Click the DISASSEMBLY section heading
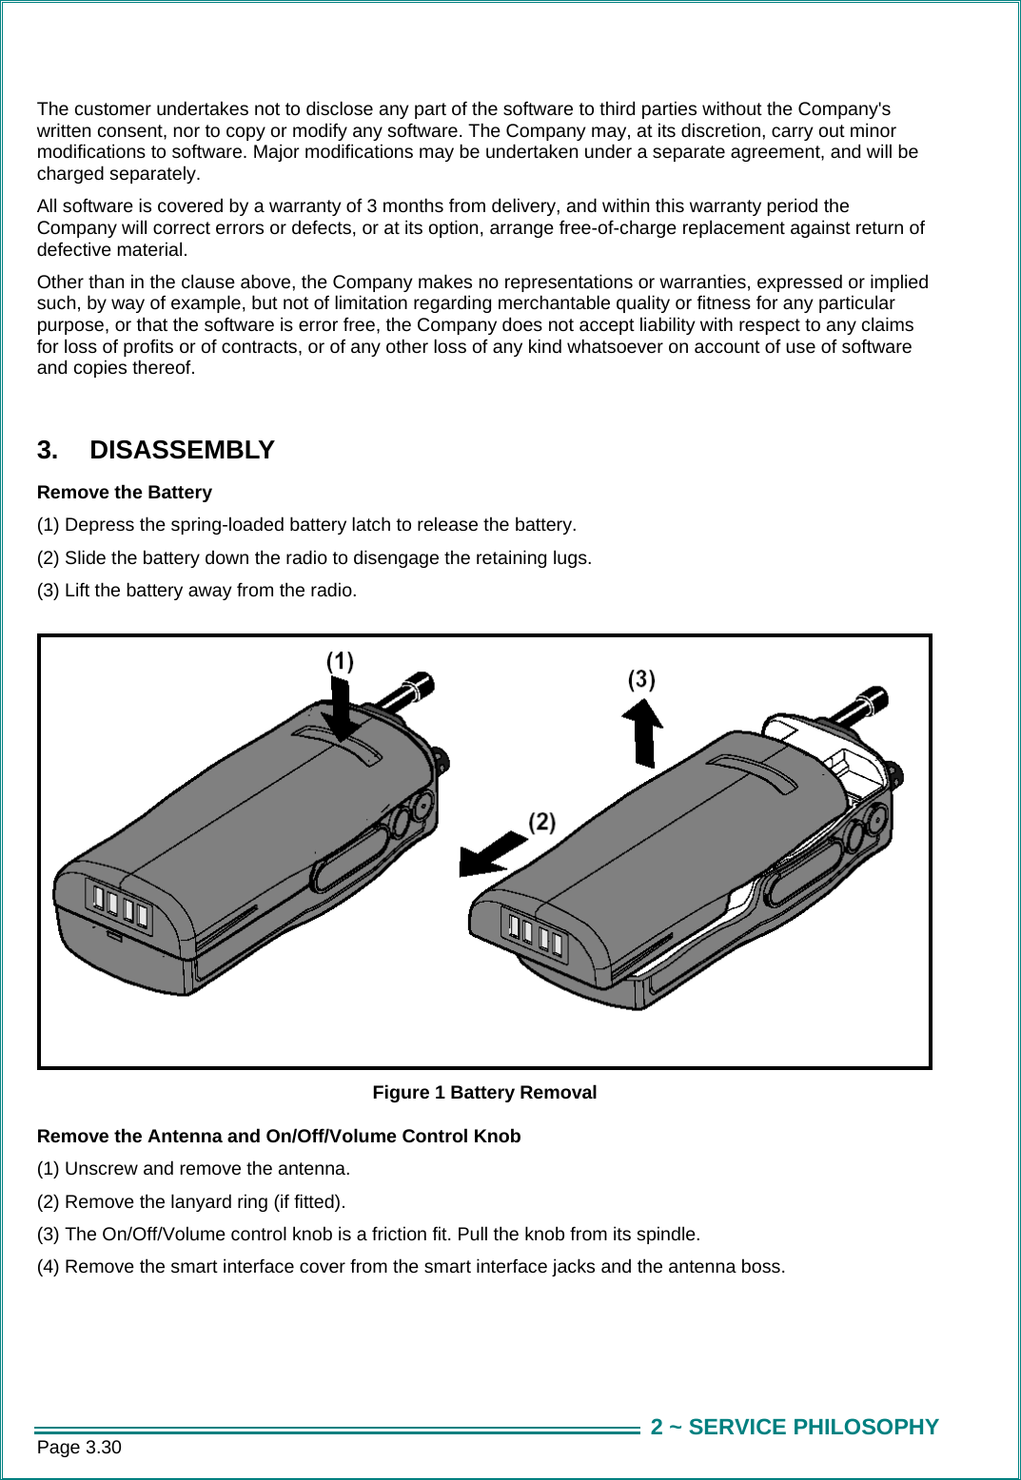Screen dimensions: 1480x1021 (x=181, y=450)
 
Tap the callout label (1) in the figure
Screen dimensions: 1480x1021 (x=340, y=661)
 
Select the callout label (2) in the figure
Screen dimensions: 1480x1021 (x=541, y=822)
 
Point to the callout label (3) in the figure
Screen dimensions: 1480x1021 (x=641, y=679)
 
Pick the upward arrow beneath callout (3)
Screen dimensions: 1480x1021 (x=644, y=732)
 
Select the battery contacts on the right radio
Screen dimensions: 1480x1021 (x=535, y=933)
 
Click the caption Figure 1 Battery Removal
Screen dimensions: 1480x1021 (x=484, y=1092)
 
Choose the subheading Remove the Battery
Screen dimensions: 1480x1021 (x=125, y=492)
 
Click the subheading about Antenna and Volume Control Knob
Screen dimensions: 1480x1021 (x=279, y=1136)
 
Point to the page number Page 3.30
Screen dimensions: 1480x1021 (x=79, y=1447)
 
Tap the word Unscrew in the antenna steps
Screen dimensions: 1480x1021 (x=101, y=1168)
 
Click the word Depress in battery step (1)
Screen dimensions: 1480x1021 (x=99, y=524)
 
